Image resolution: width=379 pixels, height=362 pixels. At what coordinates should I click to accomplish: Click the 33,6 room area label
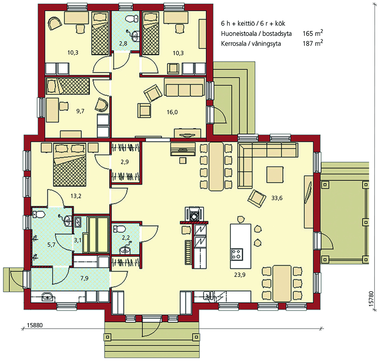click(277, 198)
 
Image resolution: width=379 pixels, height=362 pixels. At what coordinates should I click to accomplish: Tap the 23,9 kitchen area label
click(240, 275)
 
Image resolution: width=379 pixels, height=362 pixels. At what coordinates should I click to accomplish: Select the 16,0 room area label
click(172, 112)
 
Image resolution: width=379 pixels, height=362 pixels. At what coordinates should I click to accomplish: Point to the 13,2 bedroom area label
click(76, 196)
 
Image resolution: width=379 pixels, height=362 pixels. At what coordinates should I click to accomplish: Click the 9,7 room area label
click(80, 111)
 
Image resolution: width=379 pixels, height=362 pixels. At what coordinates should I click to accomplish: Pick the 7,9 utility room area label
click(85, 278)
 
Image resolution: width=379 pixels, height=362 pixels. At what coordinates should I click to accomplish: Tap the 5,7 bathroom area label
click(51, 245)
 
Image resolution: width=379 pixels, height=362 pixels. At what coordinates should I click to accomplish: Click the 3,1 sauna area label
click(78, 240)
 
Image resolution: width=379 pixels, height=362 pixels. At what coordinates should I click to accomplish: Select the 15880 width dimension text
click(34, 325)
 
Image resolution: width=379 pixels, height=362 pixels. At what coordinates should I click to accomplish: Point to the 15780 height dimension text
click(371, 299)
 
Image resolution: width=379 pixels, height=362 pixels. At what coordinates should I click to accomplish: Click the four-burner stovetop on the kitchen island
click(236, 255)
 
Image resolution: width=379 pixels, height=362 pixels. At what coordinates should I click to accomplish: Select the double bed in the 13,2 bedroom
click(70, 165)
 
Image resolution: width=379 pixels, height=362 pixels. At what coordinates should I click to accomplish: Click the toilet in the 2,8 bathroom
click(132, 18)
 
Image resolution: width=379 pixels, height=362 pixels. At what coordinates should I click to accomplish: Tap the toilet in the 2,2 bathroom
click(119, 228)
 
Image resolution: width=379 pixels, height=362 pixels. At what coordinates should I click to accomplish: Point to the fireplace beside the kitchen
click(194, 214)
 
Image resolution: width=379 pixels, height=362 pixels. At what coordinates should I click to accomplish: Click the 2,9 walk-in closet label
click(125, 162)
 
